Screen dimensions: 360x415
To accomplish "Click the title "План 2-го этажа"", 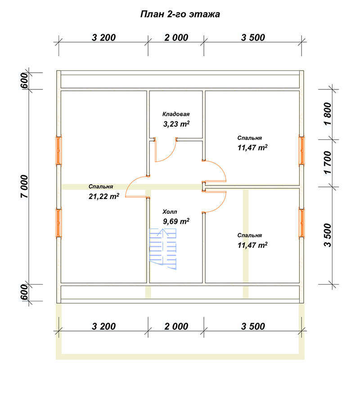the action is (x=180, y=14).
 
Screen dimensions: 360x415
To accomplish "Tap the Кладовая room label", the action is (x=176, y=114).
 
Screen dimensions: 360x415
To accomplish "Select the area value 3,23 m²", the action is (x=176, y=124).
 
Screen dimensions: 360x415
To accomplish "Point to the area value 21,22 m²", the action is (x=104, y=196).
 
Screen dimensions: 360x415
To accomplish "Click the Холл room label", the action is (x=170, y=212).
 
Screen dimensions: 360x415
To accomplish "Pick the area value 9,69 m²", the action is (x=176, y=221).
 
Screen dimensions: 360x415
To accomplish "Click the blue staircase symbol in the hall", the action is (x=163, y=249).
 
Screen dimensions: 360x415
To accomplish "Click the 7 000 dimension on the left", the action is (x=24, y=186).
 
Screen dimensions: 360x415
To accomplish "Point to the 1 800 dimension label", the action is (x=328, y=114).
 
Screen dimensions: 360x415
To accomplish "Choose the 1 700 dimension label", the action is (x=328, y=163).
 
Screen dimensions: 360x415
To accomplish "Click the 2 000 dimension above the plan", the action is (x=176, y=38).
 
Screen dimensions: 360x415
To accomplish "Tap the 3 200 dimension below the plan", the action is (x=103, y=327).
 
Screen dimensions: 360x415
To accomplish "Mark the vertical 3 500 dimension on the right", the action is (x=328, y=235).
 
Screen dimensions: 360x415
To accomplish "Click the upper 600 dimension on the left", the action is (x=24, y=81).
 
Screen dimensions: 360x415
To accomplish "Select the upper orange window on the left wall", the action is (x=58, y=150).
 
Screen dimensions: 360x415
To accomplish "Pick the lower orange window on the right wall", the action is (x=301, y=223).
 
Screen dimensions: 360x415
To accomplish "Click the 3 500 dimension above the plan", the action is (x=253, y=38).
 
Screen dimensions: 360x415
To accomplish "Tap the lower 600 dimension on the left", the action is (x=24, y=292).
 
